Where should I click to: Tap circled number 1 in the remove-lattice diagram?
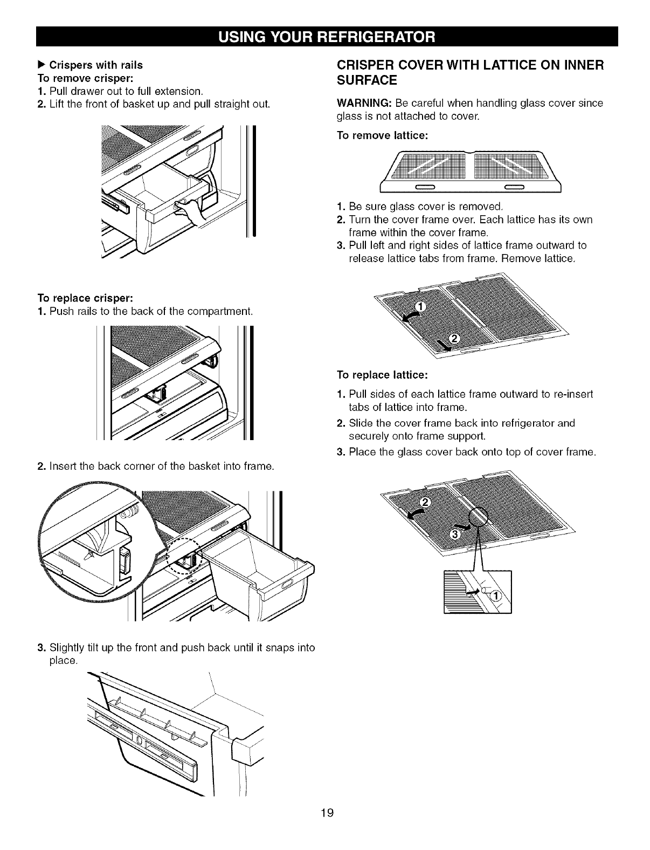422,307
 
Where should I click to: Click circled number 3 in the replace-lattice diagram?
454,534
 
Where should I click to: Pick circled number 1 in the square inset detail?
496,595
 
